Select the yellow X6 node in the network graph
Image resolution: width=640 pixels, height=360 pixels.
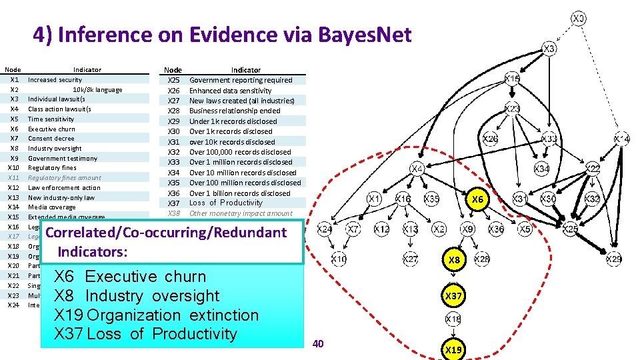(x=477, y=199)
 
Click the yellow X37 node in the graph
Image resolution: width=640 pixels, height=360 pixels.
(x=455, y=295)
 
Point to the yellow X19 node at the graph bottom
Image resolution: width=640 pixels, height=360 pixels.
(x=455, y=349)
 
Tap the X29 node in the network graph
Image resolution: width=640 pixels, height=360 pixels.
(x=613, y=259)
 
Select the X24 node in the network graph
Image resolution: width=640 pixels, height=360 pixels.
(x=325, y=229)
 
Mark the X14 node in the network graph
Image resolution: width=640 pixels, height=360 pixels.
(x=622, y=139)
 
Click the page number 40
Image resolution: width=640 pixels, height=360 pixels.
(x=318, y=343)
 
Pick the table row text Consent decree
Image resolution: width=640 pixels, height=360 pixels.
(x=51, y=139)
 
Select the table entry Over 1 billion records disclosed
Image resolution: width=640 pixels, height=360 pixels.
(x=239, y=193)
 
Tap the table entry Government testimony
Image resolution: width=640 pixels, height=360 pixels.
(x=63, y=158)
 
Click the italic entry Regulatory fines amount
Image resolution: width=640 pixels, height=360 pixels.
(x=65, y=178)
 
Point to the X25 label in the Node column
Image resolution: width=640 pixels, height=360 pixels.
(x=173, y=80)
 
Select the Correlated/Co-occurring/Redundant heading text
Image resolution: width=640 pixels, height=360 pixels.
(x=166, y=233)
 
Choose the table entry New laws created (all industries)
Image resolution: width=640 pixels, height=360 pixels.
(x=241, y=101)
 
